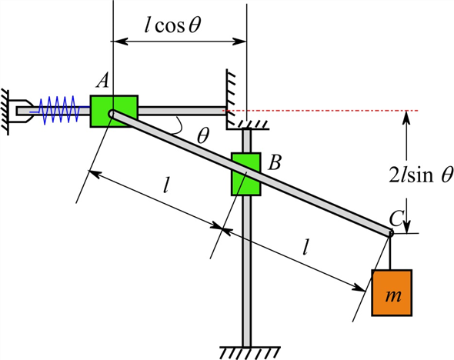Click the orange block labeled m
pos(392,292)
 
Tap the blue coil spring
pos(59,110)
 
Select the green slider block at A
pos(114,111)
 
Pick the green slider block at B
pos(245,174)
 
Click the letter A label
pos(103,80)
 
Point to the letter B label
pos(275,162)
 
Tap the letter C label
pos(396,218)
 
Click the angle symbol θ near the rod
pos(202,135)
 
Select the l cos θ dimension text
pos(172,25)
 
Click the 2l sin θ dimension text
pos(421,175)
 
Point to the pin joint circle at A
pos(112,114)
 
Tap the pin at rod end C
pos(390,233)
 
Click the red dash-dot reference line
pos(321,111)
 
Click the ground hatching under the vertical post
pos(250,352)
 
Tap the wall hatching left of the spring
pos(5,112)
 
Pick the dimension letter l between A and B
pos(165,185)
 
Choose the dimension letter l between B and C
pos(305,247)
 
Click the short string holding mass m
pos(391,252)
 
